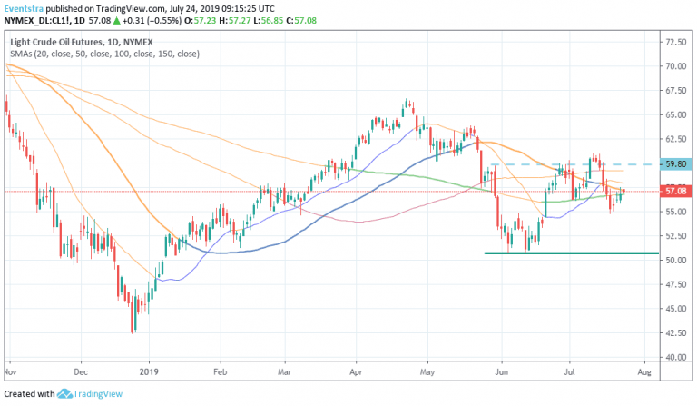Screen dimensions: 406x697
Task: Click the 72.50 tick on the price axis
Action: pos(674,42)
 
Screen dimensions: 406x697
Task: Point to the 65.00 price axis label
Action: pos(674,115)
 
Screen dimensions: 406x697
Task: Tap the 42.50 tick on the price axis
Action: pos(674,334)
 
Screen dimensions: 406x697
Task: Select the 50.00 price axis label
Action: pos(674,261)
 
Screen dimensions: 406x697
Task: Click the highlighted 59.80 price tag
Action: pos(674,164)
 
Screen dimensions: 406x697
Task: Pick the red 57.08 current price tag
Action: pos(674,192)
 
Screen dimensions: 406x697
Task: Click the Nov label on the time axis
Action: pos(10,371)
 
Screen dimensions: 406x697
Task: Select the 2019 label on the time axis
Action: pos(150,371)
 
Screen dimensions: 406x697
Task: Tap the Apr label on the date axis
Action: pos(357,371)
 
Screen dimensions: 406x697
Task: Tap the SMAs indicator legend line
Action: pos(104,55)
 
